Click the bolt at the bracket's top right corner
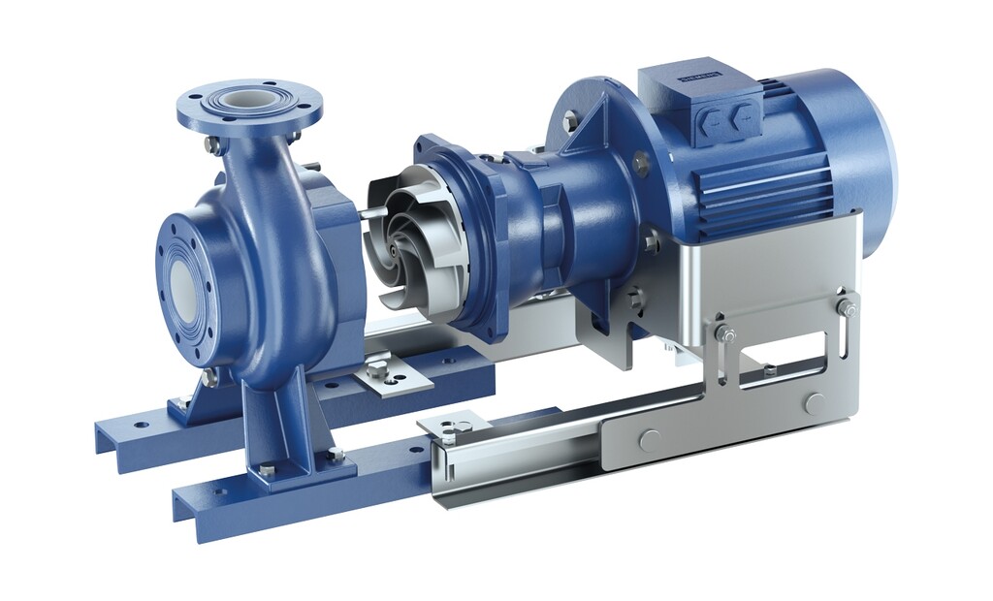coord(847,308)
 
